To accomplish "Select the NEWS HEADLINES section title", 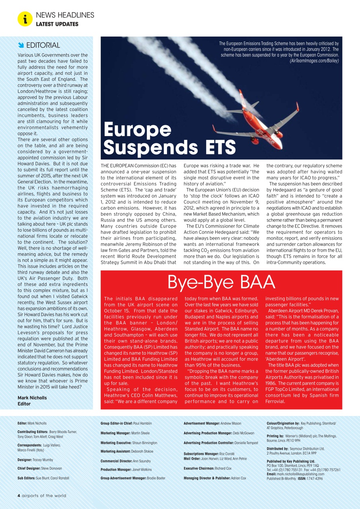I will click(x=65, y=15).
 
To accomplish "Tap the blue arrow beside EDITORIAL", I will click(x=21, y=45).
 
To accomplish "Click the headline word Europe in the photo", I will click(x=137, y=129).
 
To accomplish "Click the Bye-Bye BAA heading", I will click(x=221, y=282).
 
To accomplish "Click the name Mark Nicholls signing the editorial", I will click(x=32, y=398).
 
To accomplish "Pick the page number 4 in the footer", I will click(x=19, y=495).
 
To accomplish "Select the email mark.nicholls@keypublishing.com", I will click(x=301, y=474).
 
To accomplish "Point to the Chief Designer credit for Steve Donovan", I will click(x=39, y=468).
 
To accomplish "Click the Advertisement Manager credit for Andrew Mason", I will click(x=212, y=424).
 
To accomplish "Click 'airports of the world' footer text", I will click(x=44, y=495).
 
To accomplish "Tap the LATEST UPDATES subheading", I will click(x=57, y=24).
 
